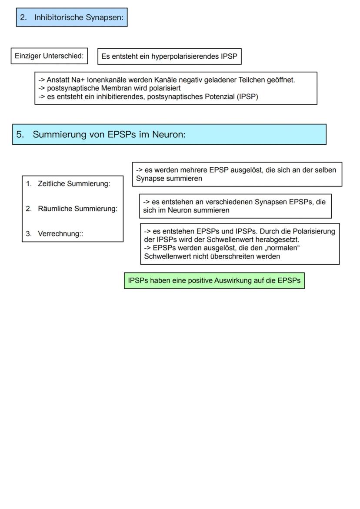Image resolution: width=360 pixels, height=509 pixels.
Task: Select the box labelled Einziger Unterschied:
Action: (49, 56)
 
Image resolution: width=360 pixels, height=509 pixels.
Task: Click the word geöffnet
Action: (281, 80)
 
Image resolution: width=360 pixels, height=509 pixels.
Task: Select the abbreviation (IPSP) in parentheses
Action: (247, 96)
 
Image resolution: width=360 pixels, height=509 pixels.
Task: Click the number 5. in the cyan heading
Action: (20, 134)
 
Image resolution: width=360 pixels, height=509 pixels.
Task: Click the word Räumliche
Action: (55, 209)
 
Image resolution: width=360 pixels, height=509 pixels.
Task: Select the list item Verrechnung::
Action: (60, 234)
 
